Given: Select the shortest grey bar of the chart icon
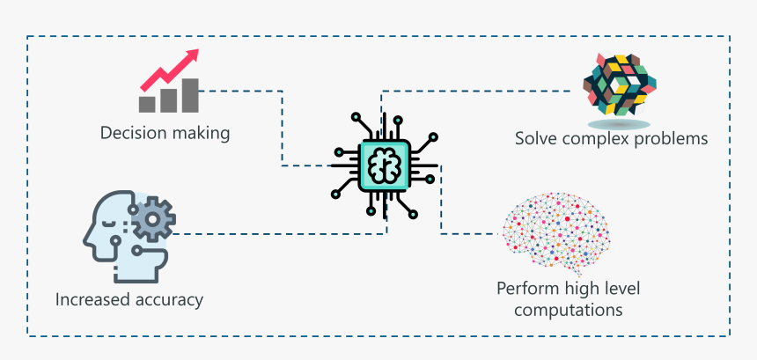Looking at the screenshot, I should tap(147, 104).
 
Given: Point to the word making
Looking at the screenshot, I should tap(202, 134).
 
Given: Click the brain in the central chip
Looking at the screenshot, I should tap(385, 165).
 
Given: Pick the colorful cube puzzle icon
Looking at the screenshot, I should tap(619, 84).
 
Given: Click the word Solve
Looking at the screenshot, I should tap(536, 139).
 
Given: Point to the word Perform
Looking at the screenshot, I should tap(525, 289).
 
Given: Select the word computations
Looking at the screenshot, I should tap(569, 310).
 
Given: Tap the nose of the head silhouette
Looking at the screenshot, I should tap(86, 235).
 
